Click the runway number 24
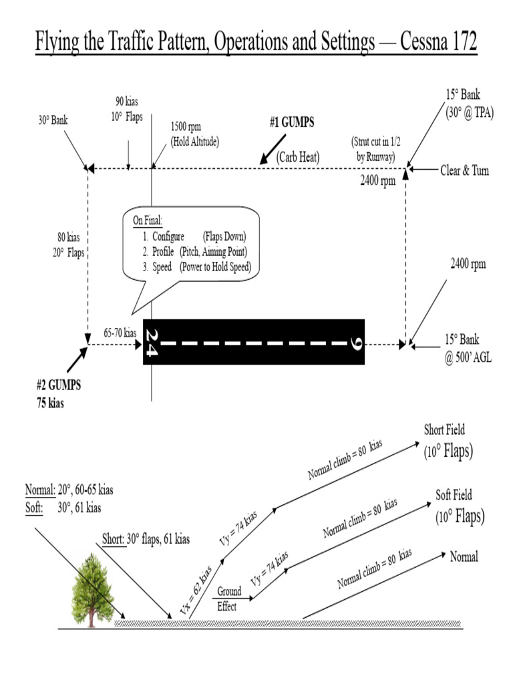(152, 343)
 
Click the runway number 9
(355, 343)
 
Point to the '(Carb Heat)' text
(299, 156)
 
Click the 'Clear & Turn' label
(464, 170)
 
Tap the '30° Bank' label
(53, 121)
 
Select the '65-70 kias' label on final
(120, 333)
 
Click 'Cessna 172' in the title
(439, 43)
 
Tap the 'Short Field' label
(444, 430)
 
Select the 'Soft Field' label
(454, 495)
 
